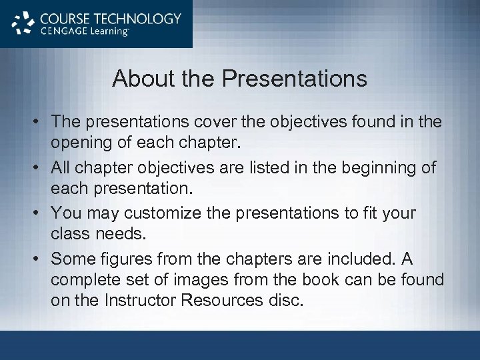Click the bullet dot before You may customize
point(38,213)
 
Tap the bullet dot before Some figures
point(38,259)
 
